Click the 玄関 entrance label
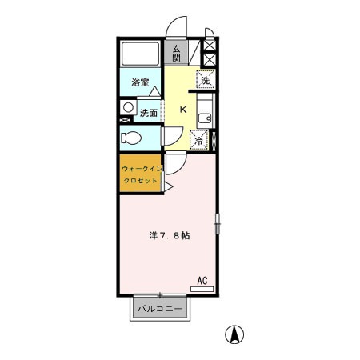coord(176,54)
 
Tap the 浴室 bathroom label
coord(141,82)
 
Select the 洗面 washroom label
coord(149,113)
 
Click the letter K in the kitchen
coord(182,110)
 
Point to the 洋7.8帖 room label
coord(169,236)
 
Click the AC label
coord(202,281)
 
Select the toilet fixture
coord(132,138)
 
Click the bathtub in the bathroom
coord(141,55)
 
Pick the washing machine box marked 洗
coord(206,80)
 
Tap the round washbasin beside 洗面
coord(127,107)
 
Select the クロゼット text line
coord(140,182)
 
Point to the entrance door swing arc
coord(178,26)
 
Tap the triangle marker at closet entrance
coord(169,186)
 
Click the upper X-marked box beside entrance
coord(210,44)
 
